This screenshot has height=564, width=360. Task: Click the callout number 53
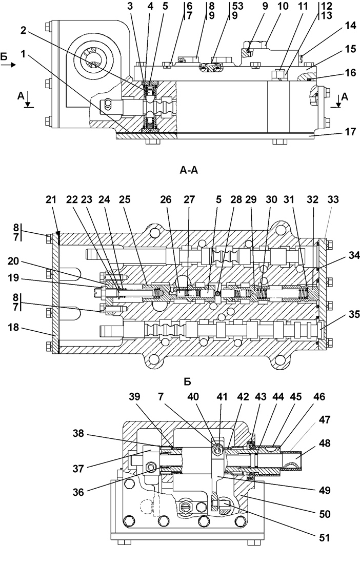click(x=237, y=6)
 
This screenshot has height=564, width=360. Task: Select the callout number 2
click(x=24, y=31)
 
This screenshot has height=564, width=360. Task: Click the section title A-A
click(x=188, y=170)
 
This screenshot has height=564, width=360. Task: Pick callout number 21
click(x=51, y=199)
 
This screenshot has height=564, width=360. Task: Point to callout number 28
click(x=236, y=199)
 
